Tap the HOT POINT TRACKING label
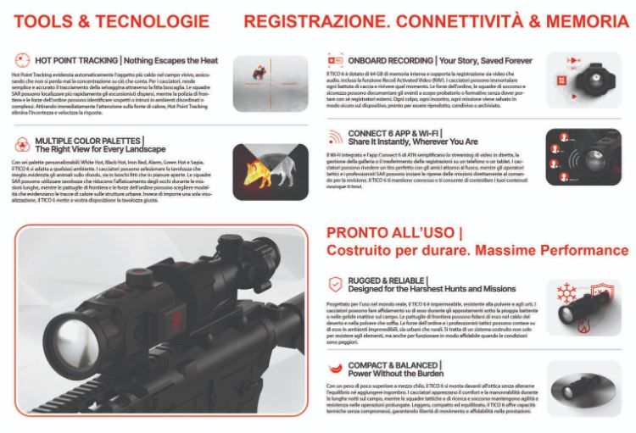(x=76, y=61)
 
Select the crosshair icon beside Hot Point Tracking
(x=20, y=61)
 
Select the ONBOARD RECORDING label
(x=387, y=61)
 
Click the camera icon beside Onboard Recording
(x=334, y=61)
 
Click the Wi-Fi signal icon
(x=334, y=137)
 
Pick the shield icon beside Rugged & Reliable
(x=334, y=284)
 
